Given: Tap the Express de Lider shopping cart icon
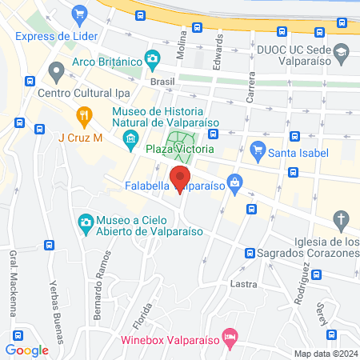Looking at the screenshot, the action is pyautogui.click(x=78, y=14).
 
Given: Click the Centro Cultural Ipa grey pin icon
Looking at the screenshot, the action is pyautogui.click(x=56, y=73).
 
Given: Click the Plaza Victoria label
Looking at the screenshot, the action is pyautogui.click(x=179, y=149).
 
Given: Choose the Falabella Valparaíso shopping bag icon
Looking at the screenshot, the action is pyautogui.click(x=234, y=184).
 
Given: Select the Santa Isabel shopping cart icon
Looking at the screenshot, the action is pyautogui.click(x=258, y=149).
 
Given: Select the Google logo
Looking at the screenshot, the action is pyautogui.click(x=27, y=350).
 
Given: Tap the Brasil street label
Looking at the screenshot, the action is pyautogui.click(x=161, y=82).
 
